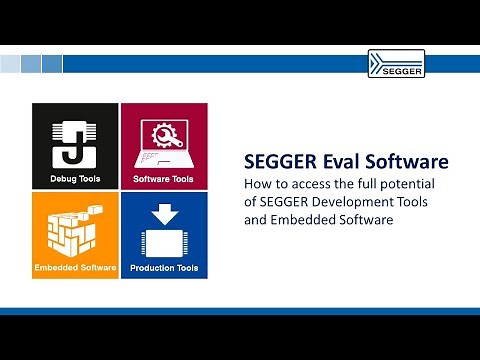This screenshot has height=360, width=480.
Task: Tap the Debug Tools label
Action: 75,180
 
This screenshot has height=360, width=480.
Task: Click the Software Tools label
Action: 163,180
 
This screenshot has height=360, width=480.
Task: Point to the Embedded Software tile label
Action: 75,268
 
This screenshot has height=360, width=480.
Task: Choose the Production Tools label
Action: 163,268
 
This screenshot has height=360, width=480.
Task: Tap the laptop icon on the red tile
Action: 163,142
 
